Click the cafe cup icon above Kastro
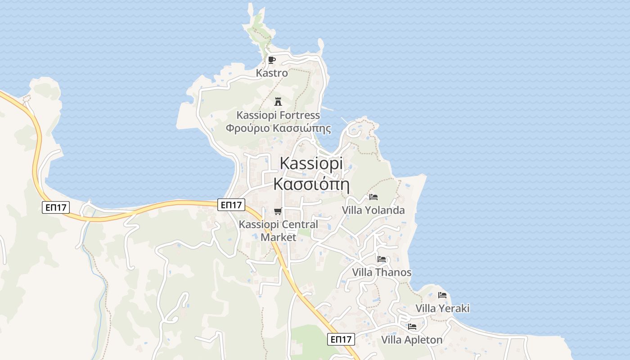pos(271,60)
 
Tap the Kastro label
pos(272,72)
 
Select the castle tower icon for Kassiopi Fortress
pos(278,101)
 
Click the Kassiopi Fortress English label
pos(278,115)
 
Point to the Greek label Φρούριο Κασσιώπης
pos(278,128)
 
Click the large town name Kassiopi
pos(311,163)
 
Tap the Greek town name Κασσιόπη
pos(311,184)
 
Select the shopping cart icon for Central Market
pos(278,211)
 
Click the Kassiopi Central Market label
pos(278,230)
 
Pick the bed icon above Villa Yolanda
pos(373,197)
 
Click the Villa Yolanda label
pos(373,210)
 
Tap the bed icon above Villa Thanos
pos(382,259)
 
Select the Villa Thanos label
pos(382,272)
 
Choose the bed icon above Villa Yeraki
pos(442,295)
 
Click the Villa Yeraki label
pos(442,308)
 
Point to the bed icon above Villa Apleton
pos(412,327)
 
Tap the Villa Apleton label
pos(412,340)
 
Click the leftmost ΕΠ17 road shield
pos(55,207)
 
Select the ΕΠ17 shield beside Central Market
pos(231,205)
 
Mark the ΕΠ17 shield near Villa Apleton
pos(341,339)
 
